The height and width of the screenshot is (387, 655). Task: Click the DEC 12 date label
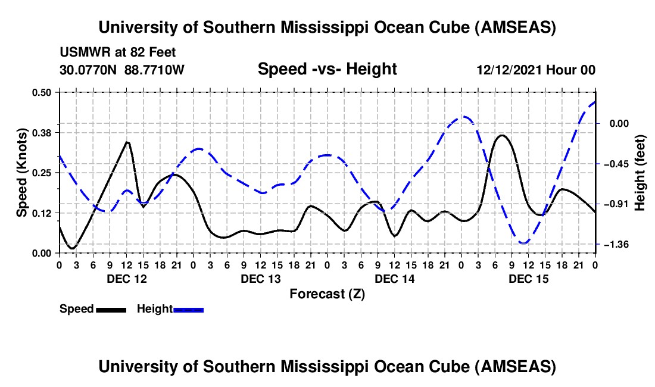click(126, 279)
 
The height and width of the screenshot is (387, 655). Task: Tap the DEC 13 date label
click(260, 279)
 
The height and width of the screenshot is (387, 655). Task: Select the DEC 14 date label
click(394, 279)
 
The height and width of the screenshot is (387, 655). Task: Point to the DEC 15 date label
click(528, 279)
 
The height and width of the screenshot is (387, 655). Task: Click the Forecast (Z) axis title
click(327, 294)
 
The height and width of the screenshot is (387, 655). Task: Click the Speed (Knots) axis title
click(21, 173)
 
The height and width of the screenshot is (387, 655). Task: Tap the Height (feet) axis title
click(641, 173)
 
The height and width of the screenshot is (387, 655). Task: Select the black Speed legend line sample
click(111, 310)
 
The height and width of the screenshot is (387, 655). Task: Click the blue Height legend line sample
click(189, 310)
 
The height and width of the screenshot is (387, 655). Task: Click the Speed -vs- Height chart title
click(327, 69)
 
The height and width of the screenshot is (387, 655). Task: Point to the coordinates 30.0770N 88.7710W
click(122, 70)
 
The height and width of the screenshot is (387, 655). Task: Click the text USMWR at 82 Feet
click(117, 52)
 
